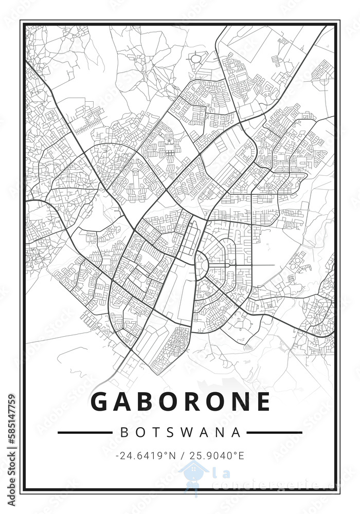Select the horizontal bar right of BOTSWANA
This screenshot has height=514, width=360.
[x=275, y=433]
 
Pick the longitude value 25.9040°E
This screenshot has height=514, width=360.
[x=217, y=455]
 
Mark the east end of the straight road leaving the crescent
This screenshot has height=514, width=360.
[x=274, y=265]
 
